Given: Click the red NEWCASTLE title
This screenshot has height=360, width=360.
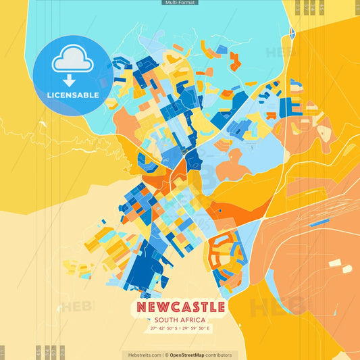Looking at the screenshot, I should click(180, 307).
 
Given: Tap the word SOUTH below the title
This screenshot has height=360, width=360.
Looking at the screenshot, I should click(167, 320).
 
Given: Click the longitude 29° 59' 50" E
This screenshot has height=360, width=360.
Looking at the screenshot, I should click(197, 329).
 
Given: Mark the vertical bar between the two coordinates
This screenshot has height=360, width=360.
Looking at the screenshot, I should click(180, 329).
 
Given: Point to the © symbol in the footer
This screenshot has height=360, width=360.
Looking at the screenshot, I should click(166, 355).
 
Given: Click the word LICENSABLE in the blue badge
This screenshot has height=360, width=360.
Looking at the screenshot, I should click(72, 95).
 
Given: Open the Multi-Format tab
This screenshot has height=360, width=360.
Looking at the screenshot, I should click(180, 3).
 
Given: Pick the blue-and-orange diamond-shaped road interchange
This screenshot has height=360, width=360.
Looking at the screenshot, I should click(292, 32).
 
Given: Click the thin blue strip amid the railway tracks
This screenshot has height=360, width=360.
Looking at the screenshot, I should click(319, 222).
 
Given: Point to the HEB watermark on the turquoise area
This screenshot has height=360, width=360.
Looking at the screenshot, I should click(278, 52).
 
